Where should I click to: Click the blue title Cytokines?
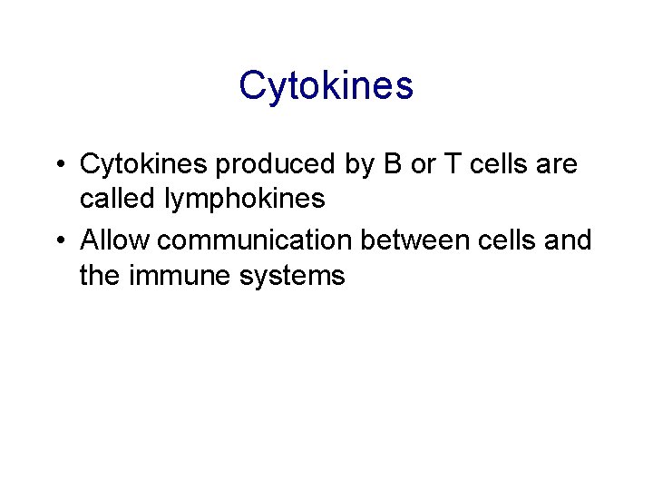click(326, 86)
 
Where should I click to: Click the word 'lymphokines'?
click(245, 200)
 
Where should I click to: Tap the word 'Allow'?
click(112, 240)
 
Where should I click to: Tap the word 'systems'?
click(292, 276)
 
